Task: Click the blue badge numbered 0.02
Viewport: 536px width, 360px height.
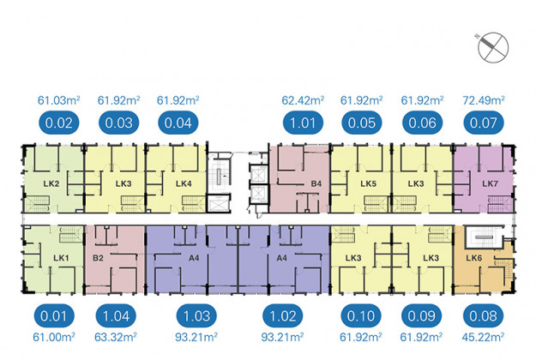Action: (59, 123)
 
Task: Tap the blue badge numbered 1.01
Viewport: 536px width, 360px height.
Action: (303, 123)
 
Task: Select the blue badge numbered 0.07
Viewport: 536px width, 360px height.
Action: (484, 123)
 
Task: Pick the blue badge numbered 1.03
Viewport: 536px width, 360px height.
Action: (196, 316)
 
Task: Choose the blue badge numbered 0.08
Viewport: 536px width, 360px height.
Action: (483, 316)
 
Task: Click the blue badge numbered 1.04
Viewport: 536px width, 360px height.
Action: (116, 316)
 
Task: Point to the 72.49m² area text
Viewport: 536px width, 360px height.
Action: (484, 100)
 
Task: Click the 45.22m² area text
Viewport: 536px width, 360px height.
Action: (483, 337)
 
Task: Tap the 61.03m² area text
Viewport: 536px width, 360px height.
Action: (59, 100)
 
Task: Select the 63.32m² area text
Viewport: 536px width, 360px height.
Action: (116, 337)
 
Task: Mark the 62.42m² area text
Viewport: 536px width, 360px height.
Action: (303, 100)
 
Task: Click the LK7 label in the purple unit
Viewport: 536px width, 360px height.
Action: (490, 183)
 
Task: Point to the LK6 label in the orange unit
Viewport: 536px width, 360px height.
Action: (473, 258)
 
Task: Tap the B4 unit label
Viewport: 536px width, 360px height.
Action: (316, 183)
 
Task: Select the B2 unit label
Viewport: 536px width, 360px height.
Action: (98, 258)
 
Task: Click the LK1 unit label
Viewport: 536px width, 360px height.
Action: (61, 258)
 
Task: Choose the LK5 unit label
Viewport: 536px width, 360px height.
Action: (368, 183)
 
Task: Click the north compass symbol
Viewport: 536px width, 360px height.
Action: (493, 47)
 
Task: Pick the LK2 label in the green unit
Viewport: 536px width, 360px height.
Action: (51, 183)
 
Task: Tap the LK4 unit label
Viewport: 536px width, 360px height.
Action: (184, 183)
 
